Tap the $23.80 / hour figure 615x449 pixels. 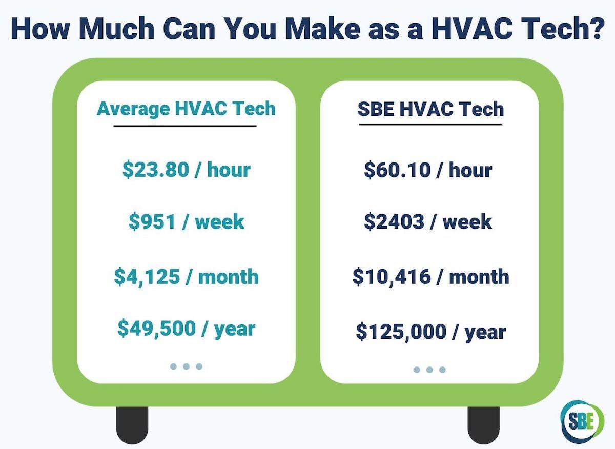[186, 170]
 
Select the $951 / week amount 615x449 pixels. [186, 222]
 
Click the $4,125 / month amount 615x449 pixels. [186, 277]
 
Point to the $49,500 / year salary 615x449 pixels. [186, 328]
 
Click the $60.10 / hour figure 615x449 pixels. [428, 170]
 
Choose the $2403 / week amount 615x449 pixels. [428, 222]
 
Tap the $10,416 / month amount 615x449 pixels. [430, 277]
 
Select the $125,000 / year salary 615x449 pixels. [430, 332]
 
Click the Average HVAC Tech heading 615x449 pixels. [186, 109]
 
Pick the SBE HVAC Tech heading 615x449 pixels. [430, 109]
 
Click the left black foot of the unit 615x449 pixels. [132, 425]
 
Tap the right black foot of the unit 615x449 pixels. [483, 425]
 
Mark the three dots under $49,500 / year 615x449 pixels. [186, 366]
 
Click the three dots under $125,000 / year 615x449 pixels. [429, 370]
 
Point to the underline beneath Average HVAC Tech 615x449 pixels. [184, 126]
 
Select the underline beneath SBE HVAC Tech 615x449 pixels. [430, 124]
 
